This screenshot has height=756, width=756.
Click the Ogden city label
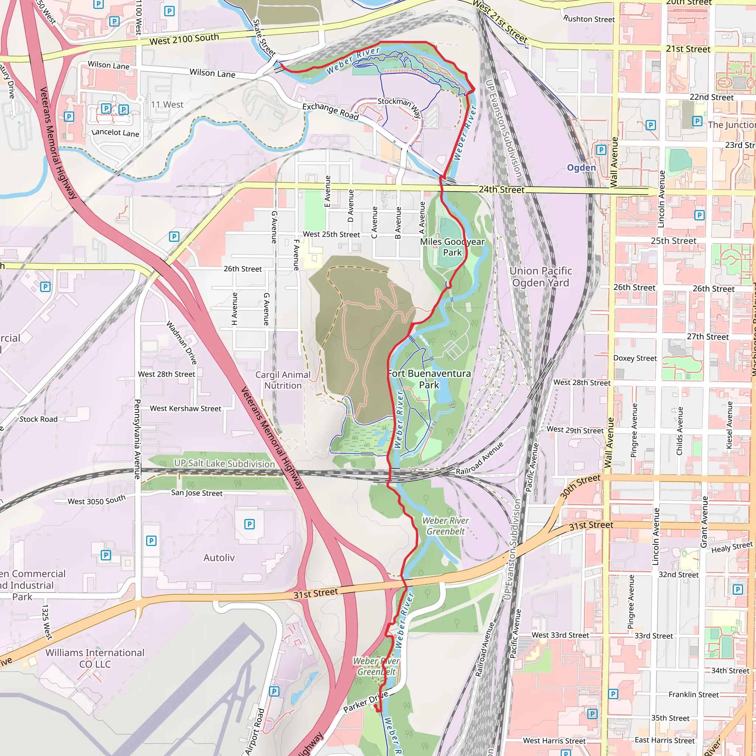(x=581, y=168)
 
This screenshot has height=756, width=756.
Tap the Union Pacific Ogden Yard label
(x=540, y=276)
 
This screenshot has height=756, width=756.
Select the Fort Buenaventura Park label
(x=429, y=379)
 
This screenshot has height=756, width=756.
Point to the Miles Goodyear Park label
(x=452, y=247)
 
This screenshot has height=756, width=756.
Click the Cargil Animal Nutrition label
(x=283, y=380)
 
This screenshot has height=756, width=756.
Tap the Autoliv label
(x=219, y=558)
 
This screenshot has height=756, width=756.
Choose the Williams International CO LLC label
(x=95, y=658)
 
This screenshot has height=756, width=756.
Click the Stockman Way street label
(x=399, y=106)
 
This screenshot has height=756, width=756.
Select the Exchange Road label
(x=330, y=111)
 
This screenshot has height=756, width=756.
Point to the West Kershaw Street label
(x=185, y=409)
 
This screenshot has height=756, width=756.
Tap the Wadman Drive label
(x=182, y=343)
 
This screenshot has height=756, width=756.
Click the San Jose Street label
(x=197, y=493)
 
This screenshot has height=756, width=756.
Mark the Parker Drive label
(x=365, y=702)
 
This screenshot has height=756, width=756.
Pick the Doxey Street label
(x=635, y=358)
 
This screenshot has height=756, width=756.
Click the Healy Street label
(x=732, y=547)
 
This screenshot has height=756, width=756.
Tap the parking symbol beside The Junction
(x=697, y=121)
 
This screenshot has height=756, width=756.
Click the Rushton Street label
(x=589, y=19)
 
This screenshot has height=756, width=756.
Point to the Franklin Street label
(x=693, y=695)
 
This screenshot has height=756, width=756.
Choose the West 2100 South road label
(x=184, y=39)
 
